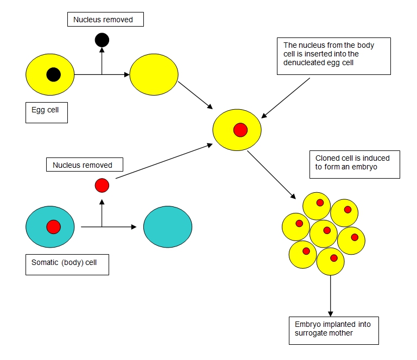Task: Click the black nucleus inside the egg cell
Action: pyautogui.click(x=53, y=74)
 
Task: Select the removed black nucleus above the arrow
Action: pyautogui.click(x=102, y=40)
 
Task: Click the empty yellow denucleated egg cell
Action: pyautogui.click(x=154, y=75)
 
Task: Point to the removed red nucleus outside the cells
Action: pyautogui.click(x=102, y=186)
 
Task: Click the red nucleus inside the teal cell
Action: pyautogui.click(x=53, y=226)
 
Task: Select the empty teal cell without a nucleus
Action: pyautogui.click(x=167, y=226)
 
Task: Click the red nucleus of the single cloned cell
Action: pyautogui.click(x=240, y=130)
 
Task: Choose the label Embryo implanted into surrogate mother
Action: pyautogui.click(x=333, y=329)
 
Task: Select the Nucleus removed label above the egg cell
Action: pyautogui.click(x=107, y=20)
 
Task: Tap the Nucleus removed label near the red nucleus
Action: pyautogui.click(x=83, y=165)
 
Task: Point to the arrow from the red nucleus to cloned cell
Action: pyautogui.click(x=163, y=162)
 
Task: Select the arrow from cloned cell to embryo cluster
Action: pyautogui.click(x=271, y=175)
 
